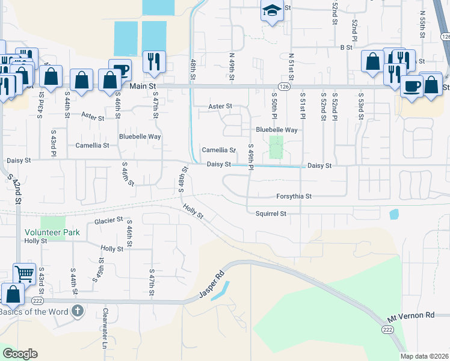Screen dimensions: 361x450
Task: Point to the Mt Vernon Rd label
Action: [410, 315]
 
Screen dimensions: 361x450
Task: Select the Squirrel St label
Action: [270, 213]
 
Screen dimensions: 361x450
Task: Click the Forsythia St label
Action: [294, 196]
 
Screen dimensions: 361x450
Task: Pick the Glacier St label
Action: [108, 221]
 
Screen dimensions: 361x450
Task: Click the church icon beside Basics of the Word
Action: [76, 311]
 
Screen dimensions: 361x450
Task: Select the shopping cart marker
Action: [25, 274]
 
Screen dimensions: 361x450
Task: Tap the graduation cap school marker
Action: [272, 11]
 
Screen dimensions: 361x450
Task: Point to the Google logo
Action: [20, 353]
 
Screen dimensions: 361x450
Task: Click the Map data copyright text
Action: [425, 356]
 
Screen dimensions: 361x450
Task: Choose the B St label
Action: [345, 46]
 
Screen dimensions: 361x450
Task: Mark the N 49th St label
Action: [232, 66]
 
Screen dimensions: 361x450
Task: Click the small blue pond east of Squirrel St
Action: [393, 214]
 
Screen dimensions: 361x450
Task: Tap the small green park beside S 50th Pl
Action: [276, 147]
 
